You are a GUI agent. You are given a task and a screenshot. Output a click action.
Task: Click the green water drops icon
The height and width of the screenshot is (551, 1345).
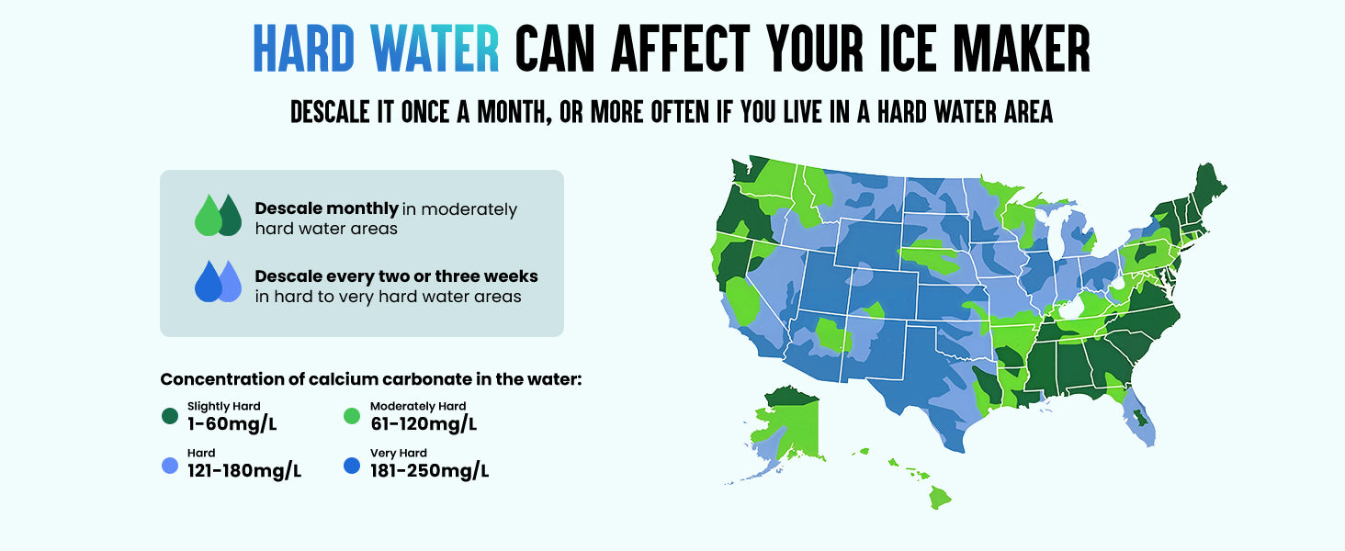click(x=218, y=215)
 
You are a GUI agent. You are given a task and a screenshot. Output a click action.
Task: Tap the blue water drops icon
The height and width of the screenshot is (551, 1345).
click(x=218, y=281)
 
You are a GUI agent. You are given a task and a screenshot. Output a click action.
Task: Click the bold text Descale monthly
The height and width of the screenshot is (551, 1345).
click(x=326, y=208)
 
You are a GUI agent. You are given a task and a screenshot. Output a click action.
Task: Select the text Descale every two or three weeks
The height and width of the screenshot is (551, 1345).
click(x=396, y=275)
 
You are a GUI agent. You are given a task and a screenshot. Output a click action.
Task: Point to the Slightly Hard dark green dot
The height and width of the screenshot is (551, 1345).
click(x=170, y=416)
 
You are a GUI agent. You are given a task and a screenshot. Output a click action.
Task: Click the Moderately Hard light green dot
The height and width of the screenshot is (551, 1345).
click(x=352, y=416)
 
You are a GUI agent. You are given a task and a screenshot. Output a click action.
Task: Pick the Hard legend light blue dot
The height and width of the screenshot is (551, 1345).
click(x=170, y=466)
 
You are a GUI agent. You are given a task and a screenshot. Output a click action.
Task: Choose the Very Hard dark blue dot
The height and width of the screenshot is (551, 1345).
click(x=352, y=466)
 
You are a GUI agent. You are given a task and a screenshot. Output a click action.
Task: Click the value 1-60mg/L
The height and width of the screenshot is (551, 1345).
click(x=232, y=423)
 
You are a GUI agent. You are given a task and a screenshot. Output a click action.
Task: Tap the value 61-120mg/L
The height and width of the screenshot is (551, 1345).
click(x=424, y=423)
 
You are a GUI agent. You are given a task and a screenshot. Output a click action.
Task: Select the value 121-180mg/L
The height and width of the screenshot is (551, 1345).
click(x=244, y=471)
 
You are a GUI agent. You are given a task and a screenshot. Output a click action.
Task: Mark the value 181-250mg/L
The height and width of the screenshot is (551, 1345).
click(x=429, y=471)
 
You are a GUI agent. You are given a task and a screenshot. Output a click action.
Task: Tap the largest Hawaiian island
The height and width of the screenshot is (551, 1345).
click(x=939, y=498)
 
